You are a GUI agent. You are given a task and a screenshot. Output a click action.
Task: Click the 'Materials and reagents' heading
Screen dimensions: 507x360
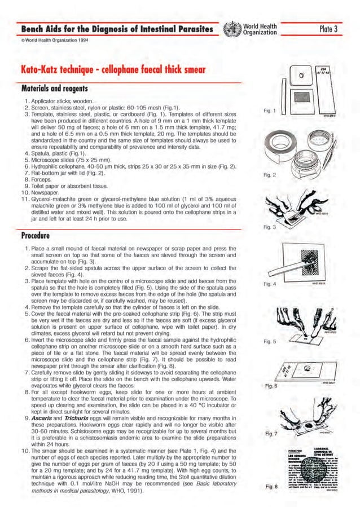coord(39,89)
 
